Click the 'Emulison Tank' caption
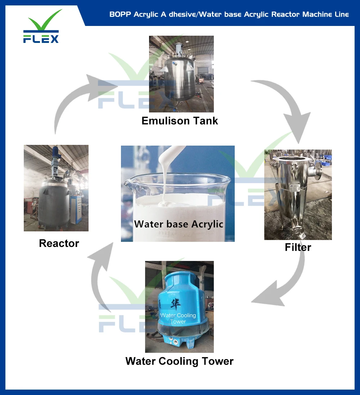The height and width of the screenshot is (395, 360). (180, 121)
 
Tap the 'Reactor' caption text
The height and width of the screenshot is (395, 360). (59, 243)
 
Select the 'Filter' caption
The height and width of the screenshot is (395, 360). (298, 247)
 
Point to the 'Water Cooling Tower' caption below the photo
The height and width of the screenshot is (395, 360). (179, 361)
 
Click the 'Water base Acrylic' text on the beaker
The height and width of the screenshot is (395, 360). (179, 224)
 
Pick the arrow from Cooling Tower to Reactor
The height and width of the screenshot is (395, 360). (99, 274)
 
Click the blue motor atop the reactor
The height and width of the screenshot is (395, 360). (56, 155)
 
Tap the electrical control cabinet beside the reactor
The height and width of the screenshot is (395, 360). (76, 209)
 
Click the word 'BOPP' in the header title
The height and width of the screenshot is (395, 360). (120, 15)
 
